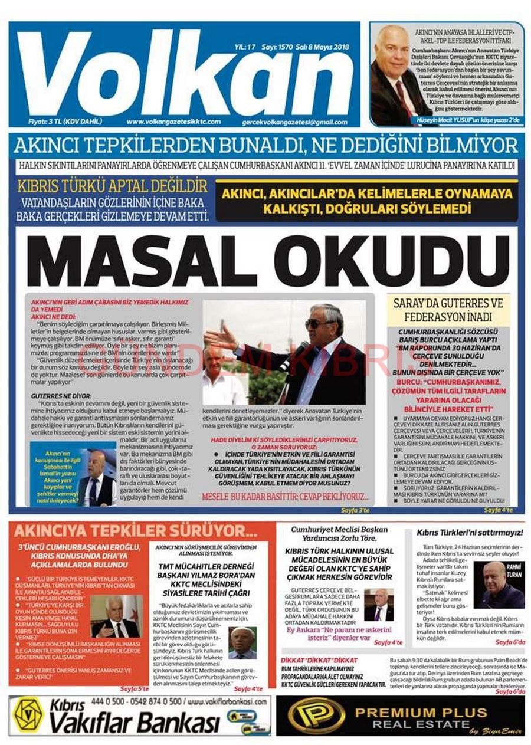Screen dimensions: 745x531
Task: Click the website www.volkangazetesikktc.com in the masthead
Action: point(173,122)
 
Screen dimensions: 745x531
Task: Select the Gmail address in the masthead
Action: point(295,122)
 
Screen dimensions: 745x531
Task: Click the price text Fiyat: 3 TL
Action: point(65,122)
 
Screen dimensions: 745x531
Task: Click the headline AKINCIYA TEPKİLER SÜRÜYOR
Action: point(137,531)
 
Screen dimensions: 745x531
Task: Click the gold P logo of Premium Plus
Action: point(316,716)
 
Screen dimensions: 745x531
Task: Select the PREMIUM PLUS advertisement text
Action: point(421,712)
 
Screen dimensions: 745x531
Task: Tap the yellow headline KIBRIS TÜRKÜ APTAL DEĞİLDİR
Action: point(112,187)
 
